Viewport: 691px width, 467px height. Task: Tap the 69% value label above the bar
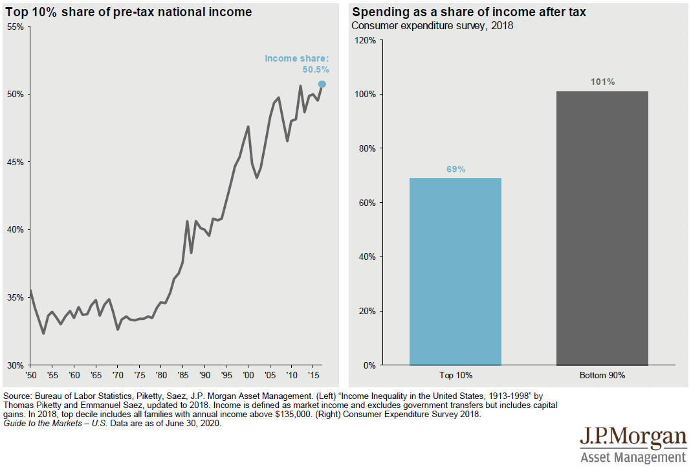[x=455, y=169]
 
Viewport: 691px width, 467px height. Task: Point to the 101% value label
[x=602, y=82]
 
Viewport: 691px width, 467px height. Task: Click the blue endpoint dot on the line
[x=322, y=84]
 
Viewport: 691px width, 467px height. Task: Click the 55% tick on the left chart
[x=16, y=27]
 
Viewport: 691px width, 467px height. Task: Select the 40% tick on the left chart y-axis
[x=16, y=230]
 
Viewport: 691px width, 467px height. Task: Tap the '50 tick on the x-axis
[x=30, y=376]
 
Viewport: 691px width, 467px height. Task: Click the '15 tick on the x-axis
[x=313, y=376]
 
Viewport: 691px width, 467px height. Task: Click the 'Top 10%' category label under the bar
[x=455, y=376]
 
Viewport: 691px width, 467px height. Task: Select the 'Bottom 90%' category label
[x=602, y=376]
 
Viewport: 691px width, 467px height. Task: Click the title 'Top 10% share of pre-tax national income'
[x=129, y=12]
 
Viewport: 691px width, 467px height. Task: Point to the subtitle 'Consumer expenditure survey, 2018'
[x=432, y=27]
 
